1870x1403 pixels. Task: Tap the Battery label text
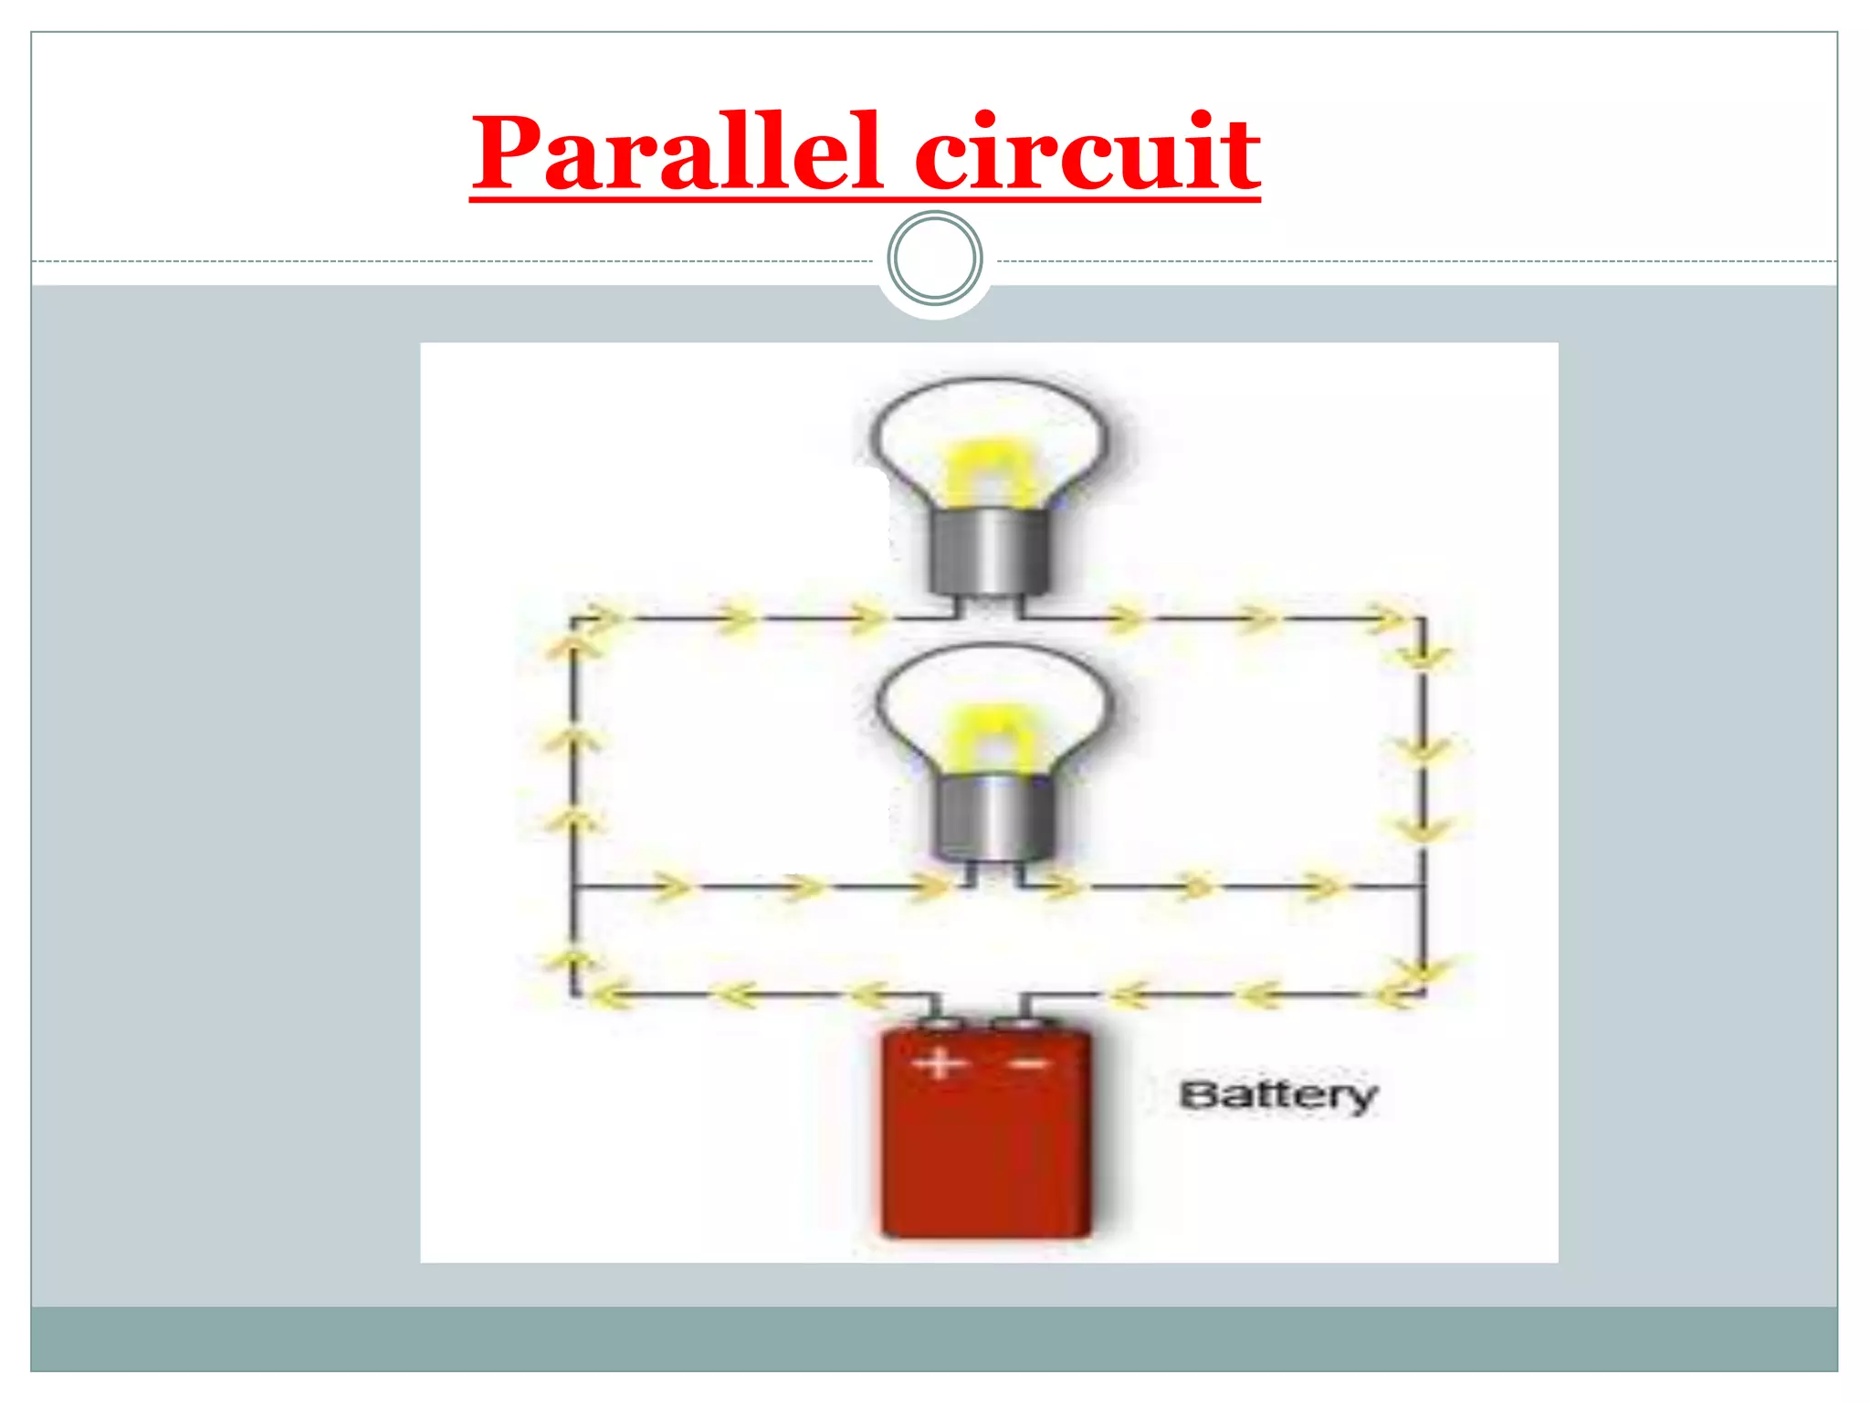tap(1277, 1094)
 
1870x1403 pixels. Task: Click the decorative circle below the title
tap(935, 258)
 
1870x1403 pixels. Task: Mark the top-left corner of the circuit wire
tap(573, 619)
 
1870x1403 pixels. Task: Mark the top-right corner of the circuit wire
tap(1423, 619)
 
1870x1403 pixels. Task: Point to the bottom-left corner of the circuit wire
tap(573, 994)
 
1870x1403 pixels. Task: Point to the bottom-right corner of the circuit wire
tap(1423, 994)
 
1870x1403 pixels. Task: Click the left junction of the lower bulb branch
tap(573, 886)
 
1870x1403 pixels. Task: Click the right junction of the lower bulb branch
tap(1423, 886)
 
